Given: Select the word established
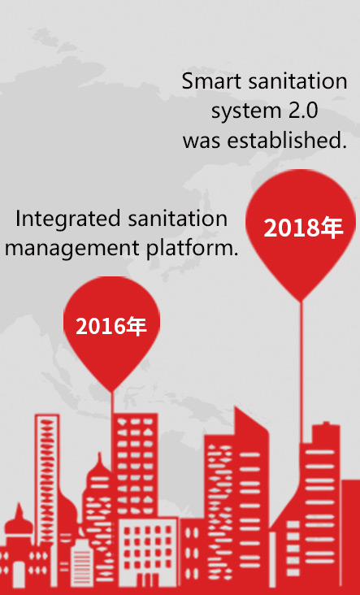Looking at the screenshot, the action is (287, 141).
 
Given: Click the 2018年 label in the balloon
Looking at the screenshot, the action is (303, 228).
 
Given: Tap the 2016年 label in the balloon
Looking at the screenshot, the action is (111, 326).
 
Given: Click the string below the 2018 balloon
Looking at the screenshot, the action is (302, 372).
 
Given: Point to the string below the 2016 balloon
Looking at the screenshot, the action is (112, 403).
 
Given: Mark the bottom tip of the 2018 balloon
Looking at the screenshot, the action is (302, 302).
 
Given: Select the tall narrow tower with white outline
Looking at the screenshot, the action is (47, 479).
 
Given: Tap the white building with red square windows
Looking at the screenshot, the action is (148, 551).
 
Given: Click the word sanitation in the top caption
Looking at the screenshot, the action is (297, 81).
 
